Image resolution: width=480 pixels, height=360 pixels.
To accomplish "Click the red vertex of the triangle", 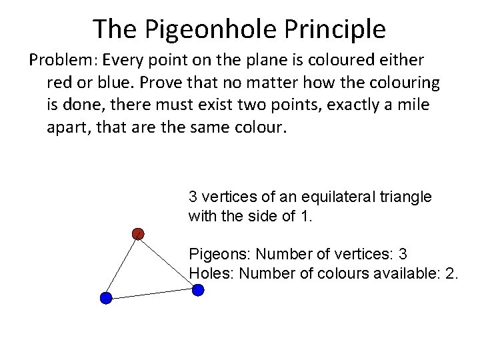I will click(x=137, y=233).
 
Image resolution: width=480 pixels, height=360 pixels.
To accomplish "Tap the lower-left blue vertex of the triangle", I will click(x=105, y=298).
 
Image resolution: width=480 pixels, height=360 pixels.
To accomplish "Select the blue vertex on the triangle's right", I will click(x=197, y=290).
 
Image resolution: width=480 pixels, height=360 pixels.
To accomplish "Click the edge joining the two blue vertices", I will click(x=151, y=294).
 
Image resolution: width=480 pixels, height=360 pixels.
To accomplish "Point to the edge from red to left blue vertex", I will click(x=121, y=266).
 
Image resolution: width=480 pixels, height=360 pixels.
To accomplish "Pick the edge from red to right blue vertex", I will click(x=167, y=261).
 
